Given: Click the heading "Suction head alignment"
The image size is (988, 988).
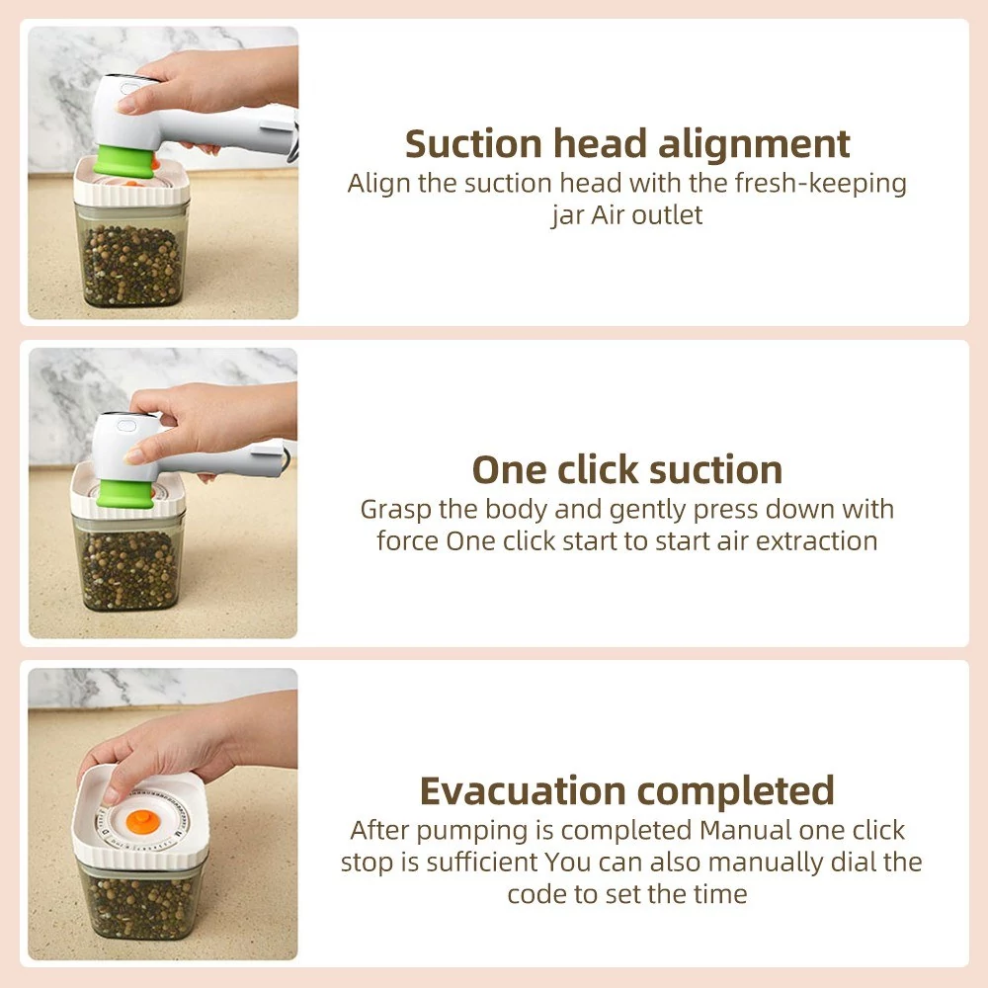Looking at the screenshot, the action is tap(627, 144).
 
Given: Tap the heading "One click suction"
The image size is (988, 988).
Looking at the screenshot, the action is tap(627, 470).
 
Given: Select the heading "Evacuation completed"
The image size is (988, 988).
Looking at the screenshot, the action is tap(627, 791).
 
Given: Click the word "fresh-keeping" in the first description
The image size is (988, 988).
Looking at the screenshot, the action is tap(820, 184).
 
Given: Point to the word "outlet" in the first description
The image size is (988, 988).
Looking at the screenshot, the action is tap(667, 214).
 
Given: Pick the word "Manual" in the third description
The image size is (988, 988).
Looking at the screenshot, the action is tap(745, 831).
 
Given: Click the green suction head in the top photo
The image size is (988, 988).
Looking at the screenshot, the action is tap(126, 161).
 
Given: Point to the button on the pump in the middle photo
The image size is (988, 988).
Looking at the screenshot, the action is tap(125, 425).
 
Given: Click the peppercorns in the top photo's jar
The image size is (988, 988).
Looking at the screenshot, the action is tap(131, 265).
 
